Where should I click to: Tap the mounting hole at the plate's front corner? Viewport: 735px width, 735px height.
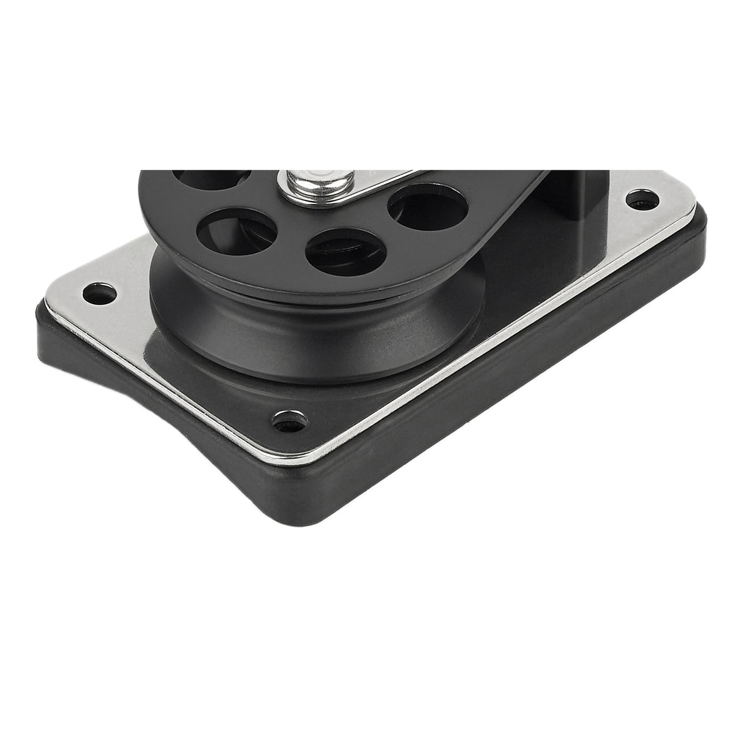283,421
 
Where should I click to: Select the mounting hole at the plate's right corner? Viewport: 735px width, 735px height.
639,200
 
